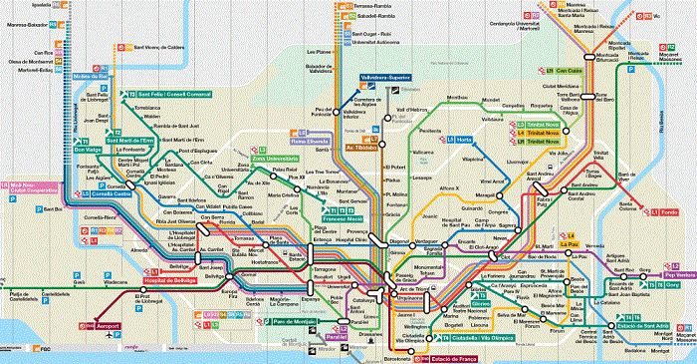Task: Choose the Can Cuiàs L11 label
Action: pyautogui.click(x=569, y=72)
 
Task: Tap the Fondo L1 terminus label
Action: pyautogui.click(x=669, y=212)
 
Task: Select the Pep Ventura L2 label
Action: pyautogui.click(x=677, y=275)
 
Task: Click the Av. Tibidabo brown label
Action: pyautogui.click(x=360, y=148)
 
